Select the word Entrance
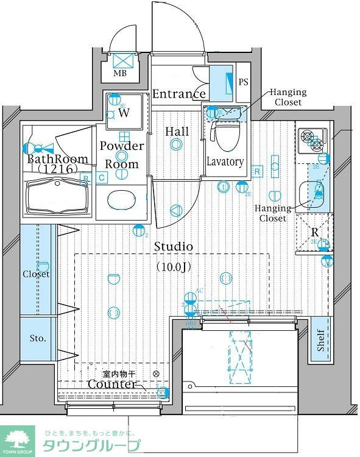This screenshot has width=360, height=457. point(178,94)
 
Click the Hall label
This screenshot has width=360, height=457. point(177,131)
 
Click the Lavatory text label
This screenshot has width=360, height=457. point(225,162)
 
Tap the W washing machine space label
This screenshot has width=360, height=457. point(124,113)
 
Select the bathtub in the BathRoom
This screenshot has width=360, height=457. point(58,199)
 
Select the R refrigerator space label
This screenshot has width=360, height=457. point(314,232)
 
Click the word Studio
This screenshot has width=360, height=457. point(173,247)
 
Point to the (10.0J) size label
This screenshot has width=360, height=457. point(173,266)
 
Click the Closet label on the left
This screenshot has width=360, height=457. point(36,274)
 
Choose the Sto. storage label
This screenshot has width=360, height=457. point(38,338)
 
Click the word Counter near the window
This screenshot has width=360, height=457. point(111,384)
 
